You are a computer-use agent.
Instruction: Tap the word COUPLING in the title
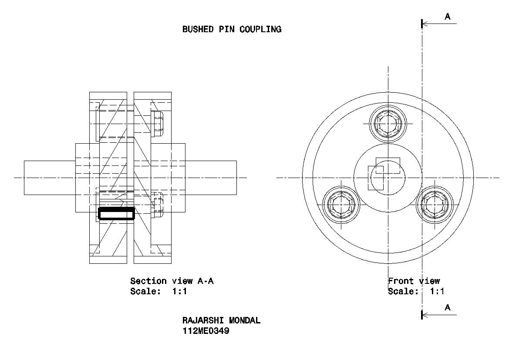[260, 29]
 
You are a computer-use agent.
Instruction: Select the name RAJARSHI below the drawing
[203, 320]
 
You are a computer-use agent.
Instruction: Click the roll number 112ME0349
[206, 331]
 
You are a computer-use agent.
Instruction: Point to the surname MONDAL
[245, 320]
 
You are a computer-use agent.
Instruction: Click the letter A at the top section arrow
[448, 17]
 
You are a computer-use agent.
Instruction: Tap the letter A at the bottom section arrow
[448, 307]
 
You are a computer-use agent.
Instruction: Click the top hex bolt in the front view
[388, 124]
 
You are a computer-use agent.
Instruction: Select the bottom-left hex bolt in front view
[341, 205]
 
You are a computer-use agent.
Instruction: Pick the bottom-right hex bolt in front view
[435, 205]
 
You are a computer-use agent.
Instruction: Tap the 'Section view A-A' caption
[172, 281]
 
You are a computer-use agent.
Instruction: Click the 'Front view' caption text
[414, 281]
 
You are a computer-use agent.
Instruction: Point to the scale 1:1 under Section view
[179, 291]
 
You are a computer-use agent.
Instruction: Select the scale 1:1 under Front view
[437, 291]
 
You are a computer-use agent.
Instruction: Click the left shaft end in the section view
[50, 178]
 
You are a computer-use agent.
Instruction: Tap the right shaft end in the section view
[211, 178]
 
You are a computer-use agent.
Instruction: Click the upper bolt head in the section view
[157, 124]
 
